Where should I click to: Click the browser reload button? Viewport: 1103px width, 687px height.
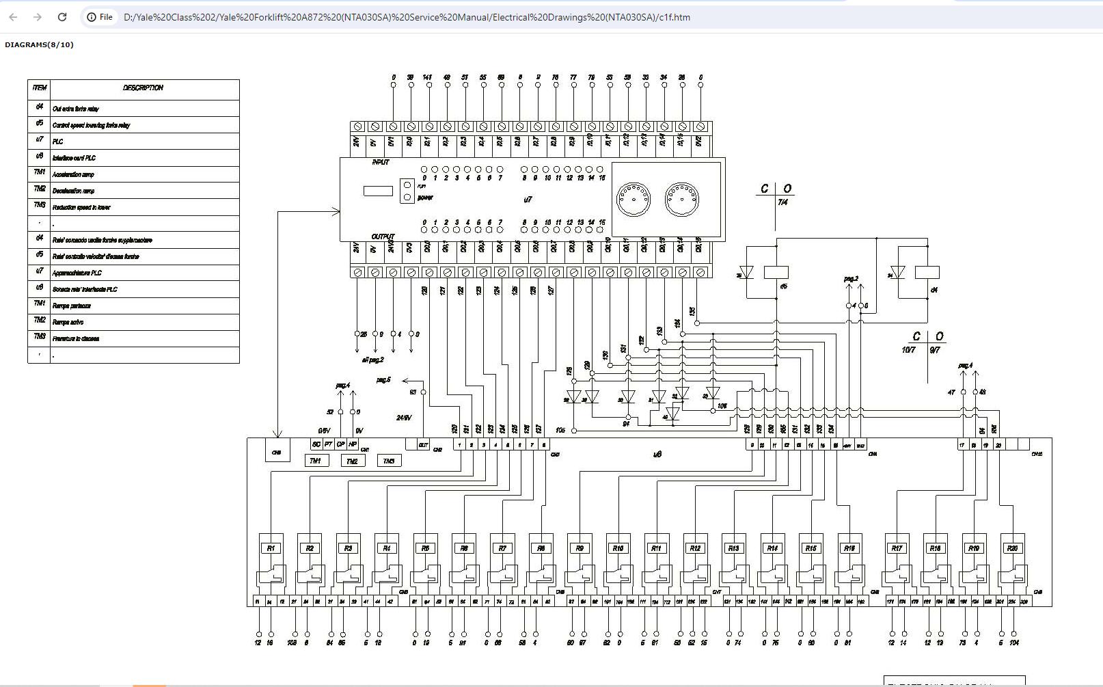point(62,17)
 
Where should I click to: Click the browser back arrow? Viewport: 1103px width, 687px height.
point(13,17)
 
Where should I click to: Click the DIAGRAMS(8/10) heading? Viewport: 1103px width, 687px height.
point(39,44)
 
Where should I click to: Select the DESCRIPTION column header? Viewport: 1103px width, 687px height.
point(144,88)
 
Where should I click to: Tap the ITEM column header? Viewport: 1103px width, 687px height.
point(40,88)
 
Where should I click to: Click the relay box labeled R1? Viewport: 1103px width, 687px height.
point(271,548)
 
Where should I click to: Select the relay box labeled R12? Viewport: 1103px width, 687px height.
point(695,548)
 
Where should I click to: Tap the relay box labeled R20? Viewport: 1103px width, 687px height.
point(1012,548)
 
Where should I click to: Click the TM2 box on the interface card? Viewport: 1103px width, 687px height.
point(352,461)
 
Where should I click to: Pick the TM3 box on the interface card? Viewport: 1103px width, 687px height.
point(388,461)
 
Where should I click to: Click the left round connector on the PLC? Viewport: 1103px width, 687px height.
point(634,199)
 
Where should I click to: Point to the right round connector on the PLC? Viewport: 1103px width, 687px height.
point(681,199)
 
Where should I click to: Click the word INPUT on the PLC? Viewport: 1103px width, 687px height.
point(381,162)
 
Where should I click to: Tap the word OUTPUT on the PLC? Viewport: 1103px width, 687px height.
point(383,237)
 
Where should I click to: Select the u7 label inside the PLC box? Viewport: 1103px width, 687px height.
point(528,200)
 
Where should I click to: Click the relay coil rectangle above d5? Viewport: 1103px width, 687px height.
point(776,272)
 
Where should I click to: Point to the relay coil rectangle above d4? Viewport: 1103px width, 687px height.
point(927,272)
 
